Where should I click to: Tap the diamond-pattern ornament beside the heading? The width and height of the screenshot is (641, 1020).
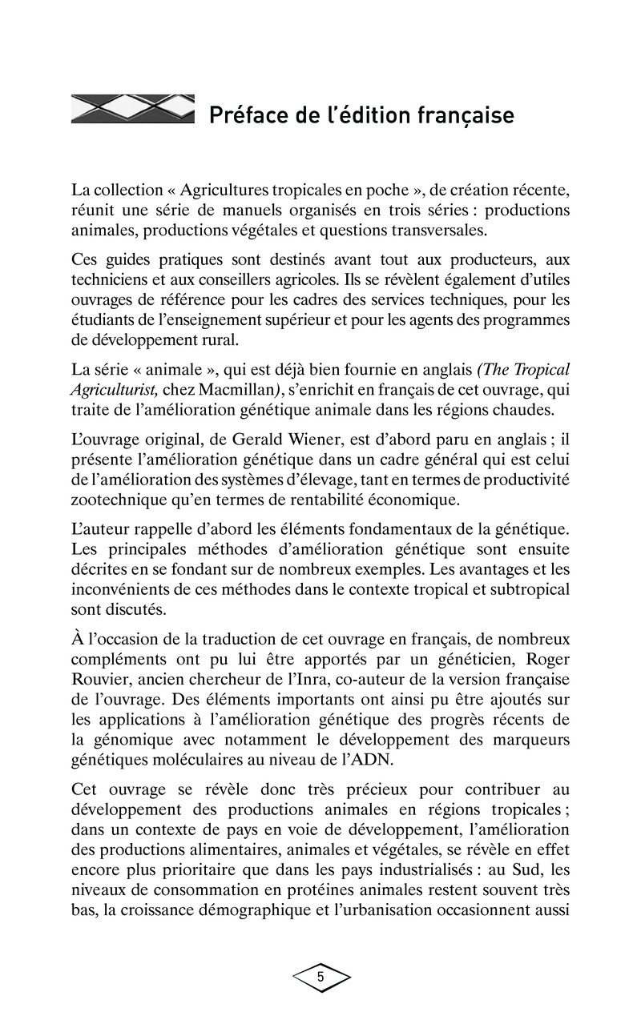[133, 110]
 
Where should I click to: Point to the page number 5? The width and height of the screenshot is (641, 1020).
[320, 977]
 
